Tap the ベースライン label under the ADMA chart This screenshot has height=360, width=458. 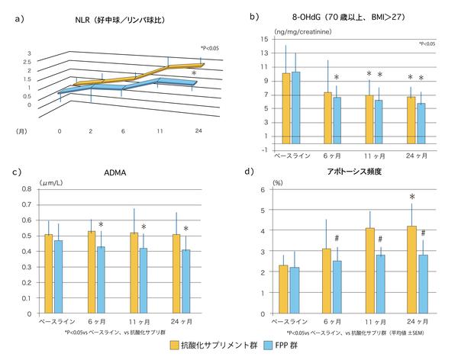tap(54, 321)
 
